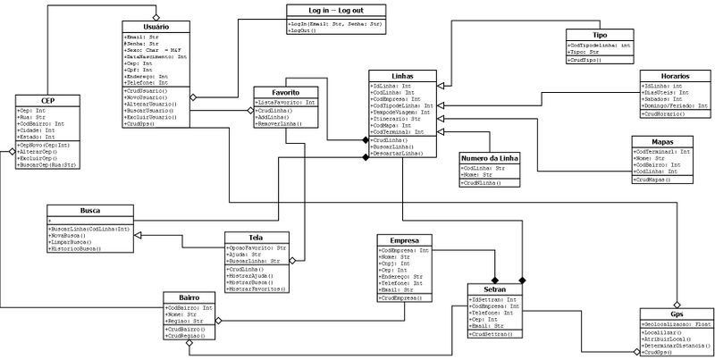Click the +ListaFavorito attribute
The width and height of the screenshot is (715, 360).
tap(285, 104)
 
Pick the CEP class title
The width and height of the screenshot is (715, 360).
tap(48, 101)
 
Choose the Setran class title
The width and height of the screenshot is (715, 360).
tap(495, 290)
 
